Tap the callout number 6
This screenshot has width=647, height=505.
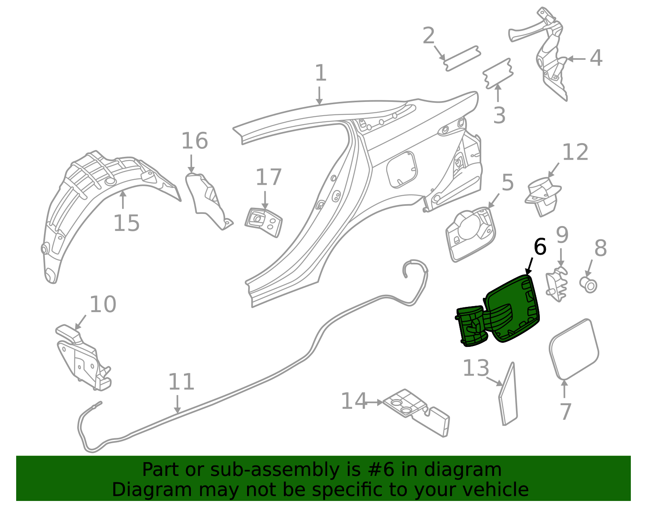(540, 247)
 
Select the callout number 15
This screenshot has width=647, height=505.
(126, 223)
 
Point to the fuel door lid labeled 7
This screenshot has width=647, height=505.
(573, 350)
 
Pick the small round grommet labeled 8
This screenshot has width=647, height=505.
(589, 284)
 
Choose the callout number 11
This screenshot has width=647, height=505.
(181, 382)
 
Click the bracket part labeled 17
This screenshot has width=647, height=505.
(264, 222)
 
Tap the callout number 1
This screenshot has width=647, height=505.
(320, 73)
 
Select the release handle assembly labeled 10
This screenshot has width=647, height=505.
(83, 358)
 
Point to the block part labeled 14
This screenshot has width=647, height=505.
(417, 412)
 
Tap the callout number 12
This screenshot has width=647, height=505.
(575, 152)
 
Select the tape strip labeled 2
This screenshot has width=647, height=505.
(462, 59)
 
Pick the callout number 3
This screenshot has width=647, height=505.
(499, 116)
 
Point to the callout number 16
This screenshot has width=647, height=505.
(195, 141)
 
